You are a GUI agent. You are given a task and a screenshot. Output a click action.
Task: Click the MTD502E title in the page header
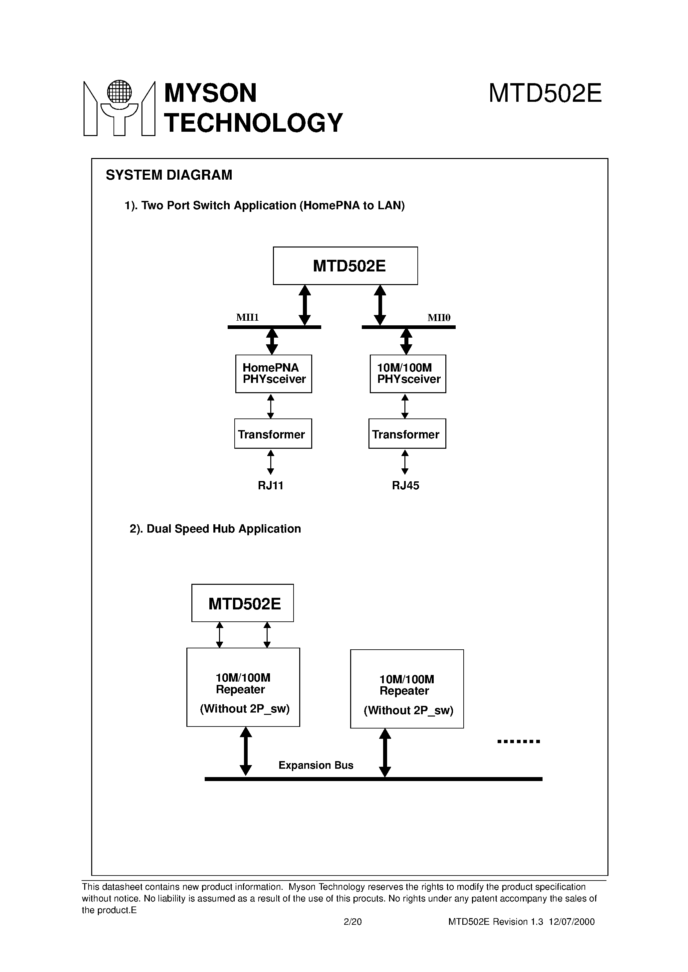point(545,93)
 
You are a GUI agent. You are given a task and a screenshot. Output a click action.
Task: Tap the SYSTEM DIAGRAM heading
point(169,175)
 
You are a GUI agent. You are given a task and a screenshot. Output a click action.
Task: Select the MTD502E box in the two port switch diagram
point(345,266)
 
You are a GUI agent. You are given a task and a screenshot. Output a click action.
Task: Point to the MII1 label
point(247,317)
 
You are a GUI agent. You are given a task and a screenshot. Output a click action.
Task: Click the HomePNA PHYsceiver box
point(274,374)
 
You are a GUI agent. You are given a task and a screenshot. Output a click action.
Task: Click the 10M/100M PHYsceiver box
point(408,374)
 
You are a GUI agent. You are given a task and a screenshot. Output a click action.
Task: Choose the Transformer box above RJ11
point(273,434)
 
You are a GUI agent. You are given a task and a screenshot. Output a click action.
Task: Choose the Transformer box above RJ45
point(407,434)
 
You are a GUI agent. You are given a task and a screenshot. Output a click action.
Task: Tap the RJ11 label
point(270,486)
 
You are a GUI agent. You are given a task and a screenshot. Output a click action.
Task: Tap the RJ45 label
point(405,486)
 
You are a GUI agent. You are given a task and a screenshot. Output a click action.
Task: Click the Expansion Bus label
point(316,765)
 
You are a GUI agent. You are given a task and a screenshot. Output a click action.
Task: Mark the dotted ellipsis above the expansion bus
point(519,741)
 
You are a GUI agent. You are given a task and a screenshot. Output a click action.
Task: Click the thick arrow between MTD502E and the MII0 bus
point(380,305)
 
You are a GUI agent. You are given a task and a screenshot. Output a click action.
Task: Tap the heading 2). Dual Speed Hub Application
point(215,529)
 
